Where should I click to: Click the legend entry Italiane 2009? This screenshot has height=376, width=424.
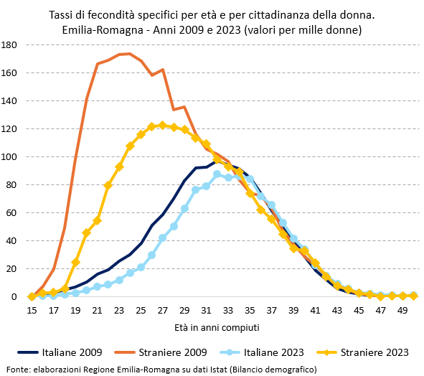tap(71, 352)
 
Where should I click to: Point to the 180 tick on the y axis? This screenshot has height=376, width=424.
tap(10, 44)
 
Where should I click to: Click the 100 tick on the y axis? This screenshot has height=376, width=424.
tap(10, 156)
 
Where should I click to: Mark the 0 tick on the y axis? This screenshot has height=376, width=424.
tap(14, 296)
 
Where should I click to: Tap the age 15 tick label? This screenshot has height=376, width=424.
tap(32, 311)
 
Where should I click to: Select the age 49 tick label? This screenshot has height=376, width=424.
tap(402, 311)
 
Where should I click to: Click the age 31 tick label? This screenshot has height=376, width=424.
tap(206, 311)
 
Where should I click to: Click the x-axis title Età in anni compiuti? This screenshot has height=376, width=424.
tap(217, 327)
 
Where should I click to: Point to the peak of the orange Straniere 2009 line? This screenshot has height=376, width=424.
tap(128, 54)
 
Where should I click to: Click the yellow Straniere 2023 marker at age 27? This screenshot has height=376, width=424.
tap(162, 125)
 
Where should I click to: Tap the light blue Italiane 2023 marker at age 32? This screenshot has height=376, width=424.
tap(217, 174)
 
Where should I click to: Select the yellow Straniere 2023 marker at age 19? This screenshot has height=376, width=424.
tap(75, 262)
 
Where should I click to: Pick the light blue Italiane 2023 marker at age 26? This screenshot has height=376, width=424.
tap(151, 255)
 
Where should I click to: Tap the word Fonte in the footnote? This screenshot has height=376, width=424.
tap(17, 369)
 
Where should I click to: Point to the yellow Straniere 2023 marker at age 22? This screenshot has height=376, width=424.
tap(108, 185)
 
